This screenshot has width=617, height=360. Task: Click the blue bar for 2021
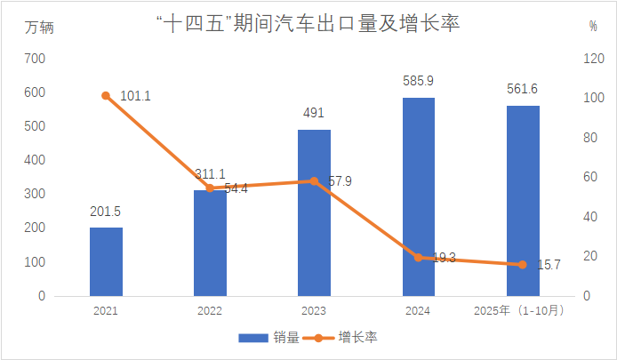(x=106, y=261)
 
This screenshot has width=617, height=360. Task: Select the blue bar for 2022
(x=210, y=243)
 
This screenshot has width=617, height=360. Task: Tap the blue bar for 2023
(x=314, y=212)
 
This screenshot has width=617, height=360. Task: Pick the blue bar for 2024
(x=418, y=196)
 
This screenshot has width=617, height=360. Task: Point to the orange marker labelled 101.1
(x=106, y=96)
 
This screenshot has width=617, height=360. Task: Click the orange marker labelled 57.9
(x=314, y=181)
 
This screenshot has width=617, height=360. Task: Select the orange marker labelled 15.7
(x=523, y=265)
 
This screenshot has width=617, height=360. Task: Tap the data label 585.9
(x=418, y=82)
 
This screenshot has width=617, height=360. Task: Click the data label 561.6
(x=523, y=89)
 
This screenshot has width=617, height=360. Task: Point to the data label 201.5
(x=106, y=212)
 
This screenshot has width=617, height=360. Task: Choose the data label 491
(x=314, y=113)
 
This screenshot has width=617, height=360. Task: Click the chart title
(x=308, y=24)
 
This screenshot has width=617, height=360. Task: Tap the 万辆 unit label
(x=40, y=27)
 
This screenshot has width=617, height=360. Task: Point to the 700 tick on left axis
(x=35, y=59)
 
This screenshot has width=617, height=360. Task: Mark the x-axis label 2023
(x=314, y=310)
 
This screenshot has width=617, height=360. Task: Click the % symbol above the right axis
(x=593, y=27)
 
